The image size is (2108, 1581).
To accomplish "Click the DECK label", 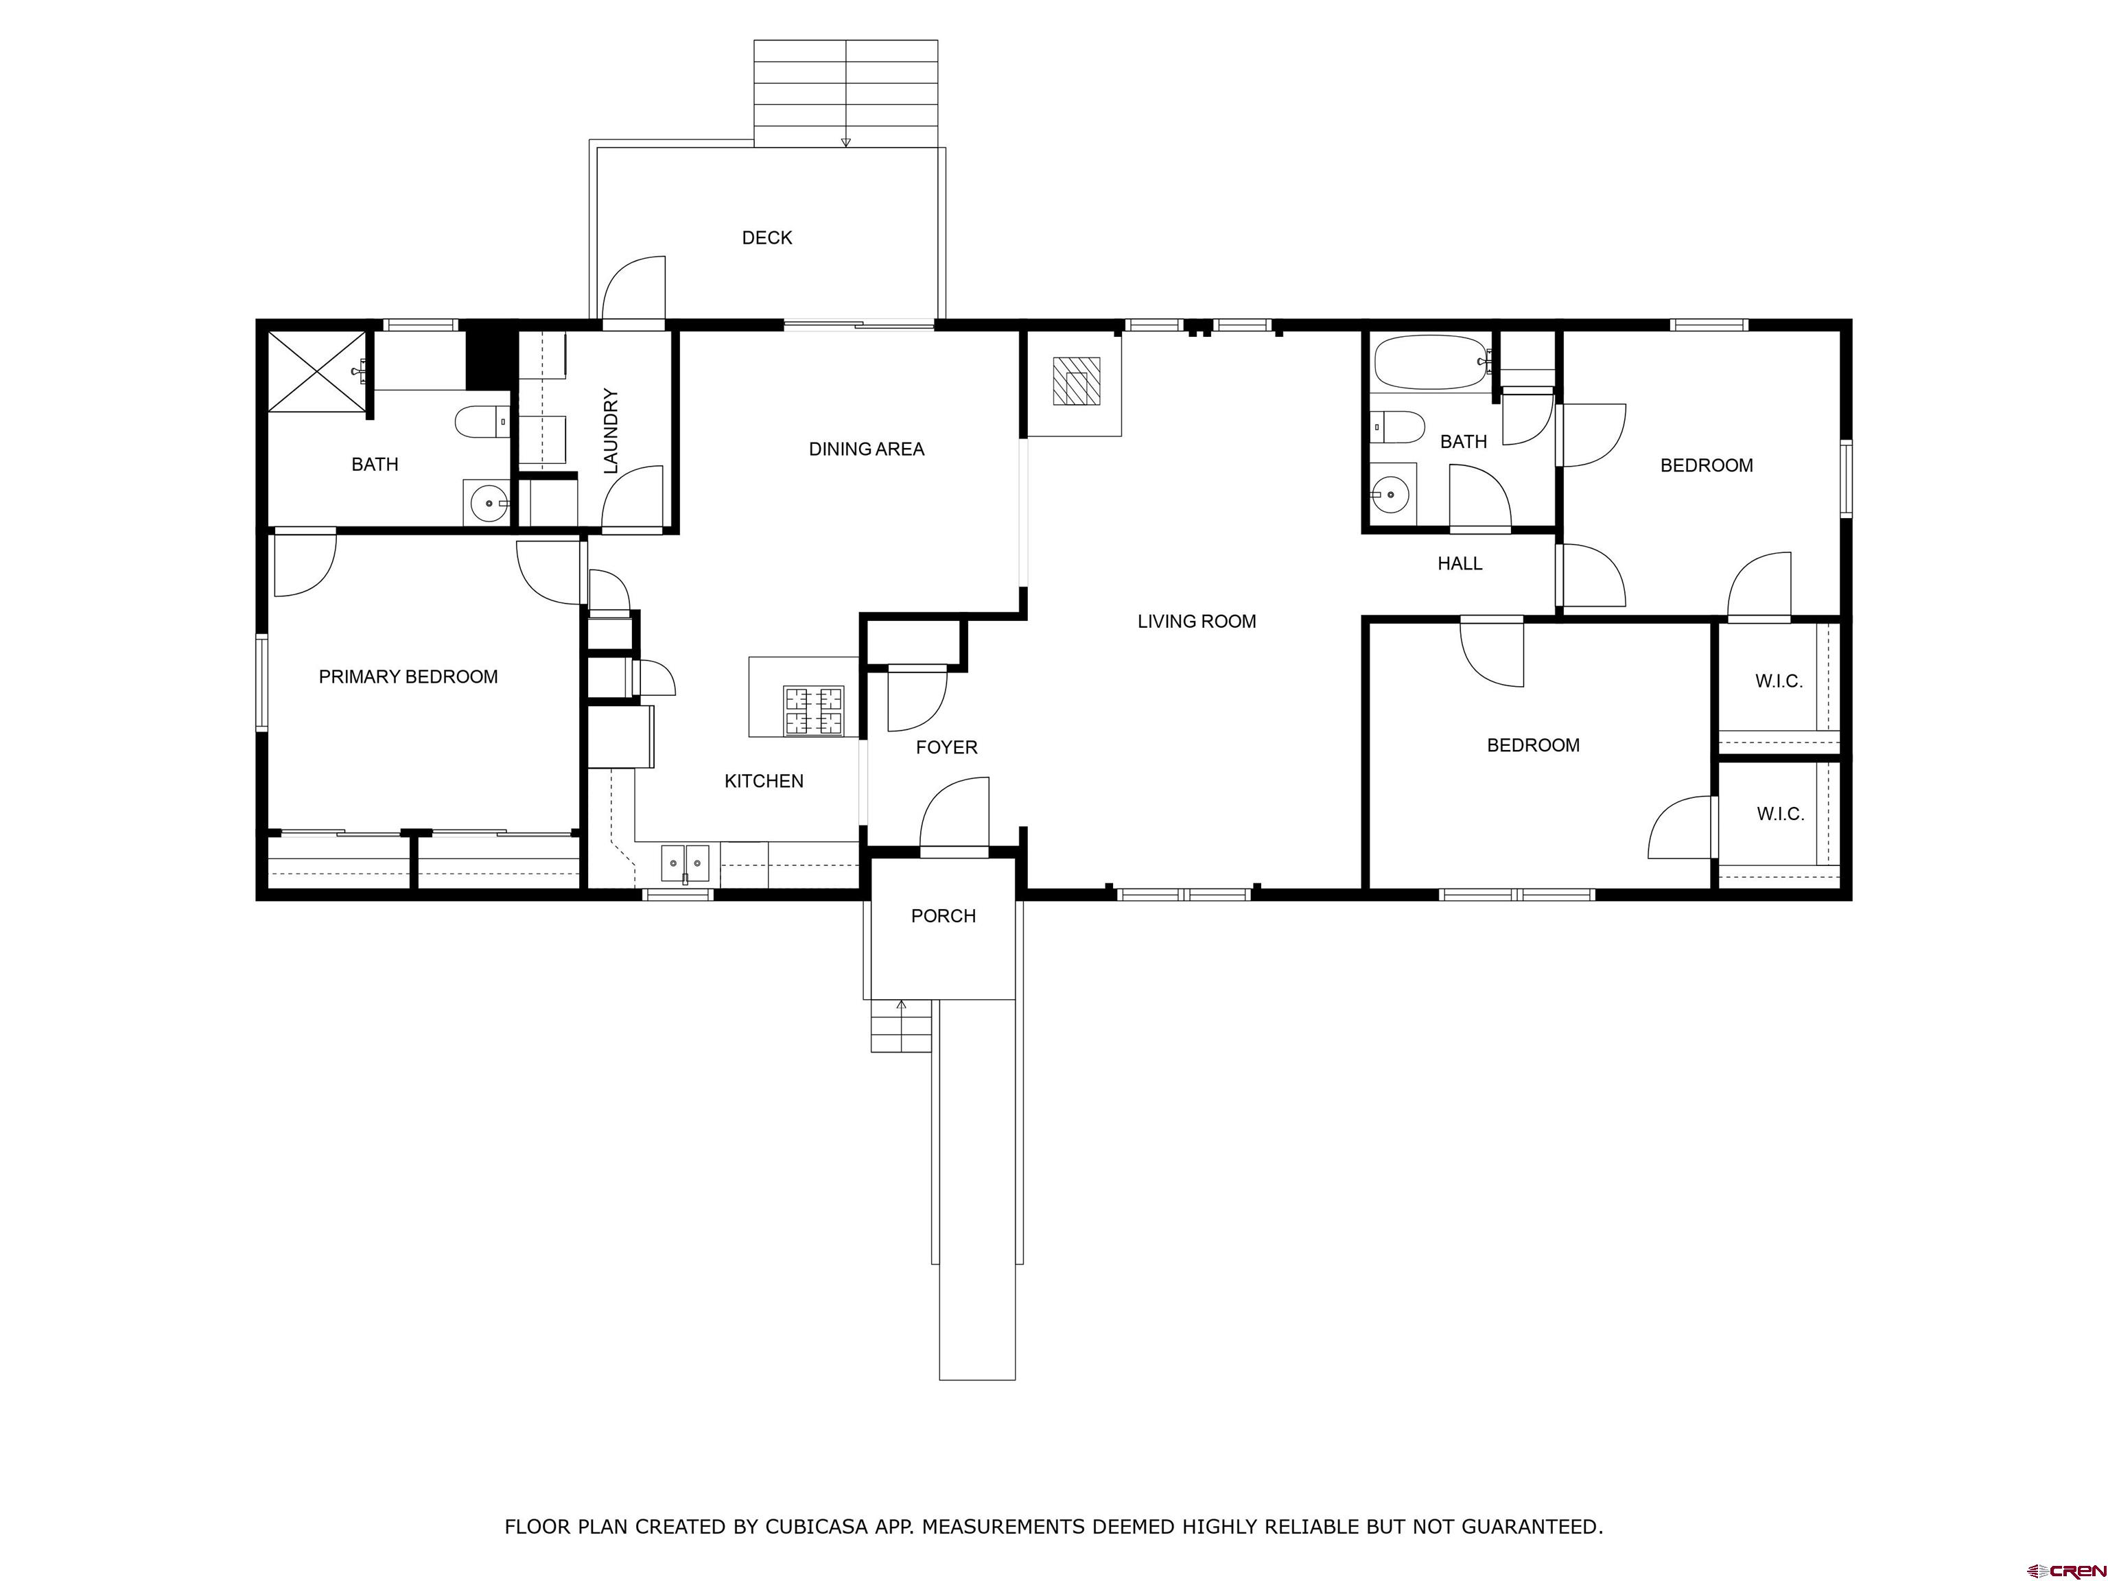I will pyautogui.click(x=766, y=237).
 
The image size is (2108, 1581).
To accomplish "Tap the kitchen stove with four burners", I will pyautogui.click(x=813, y=711).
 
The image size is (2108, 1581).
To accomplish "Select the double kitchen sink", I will pyautogui.click(x=686, y=863).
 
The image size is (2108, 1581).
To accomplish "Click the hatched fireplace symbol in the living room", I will pyautogui.click(x=1076, y=382).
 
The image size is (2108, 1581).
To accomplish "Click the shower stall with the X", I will pyautogui.click(x=316, y=372).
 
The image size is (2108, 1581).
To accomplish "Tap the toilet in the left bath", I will pyautogui.click(x=481, y=421).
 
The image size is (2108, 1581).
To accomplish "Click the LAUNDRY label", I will pyautogui.click(x=611, y=431).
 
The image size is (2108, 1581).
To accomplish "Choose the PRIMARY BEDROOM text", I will pyautogui.click(x=408, y=677).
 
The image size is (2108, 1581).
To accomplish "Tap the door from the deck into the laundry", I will pyautogui.click(x=633, y=324).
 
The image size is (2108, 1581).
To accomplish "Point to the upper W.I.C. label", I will pyautogui.click(x=1778, y=681).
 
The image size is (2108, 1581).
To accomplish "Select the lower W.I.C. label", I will pyautogui.click(x=1779, y=814).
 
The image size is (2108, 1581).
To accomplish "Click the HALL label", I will pyautogui.click(x=1459, y=563).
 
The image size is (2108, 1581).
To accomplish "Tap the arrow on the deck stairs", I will pyautogui.click(x=845, y=142).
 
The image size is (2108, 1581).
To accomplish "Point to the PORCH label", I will pyautogui.click(x=943, y=916).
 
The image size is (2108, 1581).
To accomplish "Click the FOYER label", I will pyautogui.click(x=946, y=747).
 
